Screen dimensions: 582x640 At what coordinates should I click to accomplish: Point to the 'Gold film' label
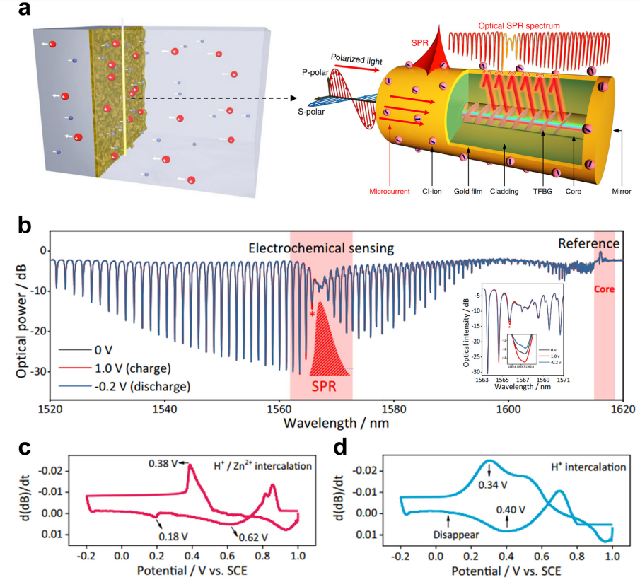tap(470, 191)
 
